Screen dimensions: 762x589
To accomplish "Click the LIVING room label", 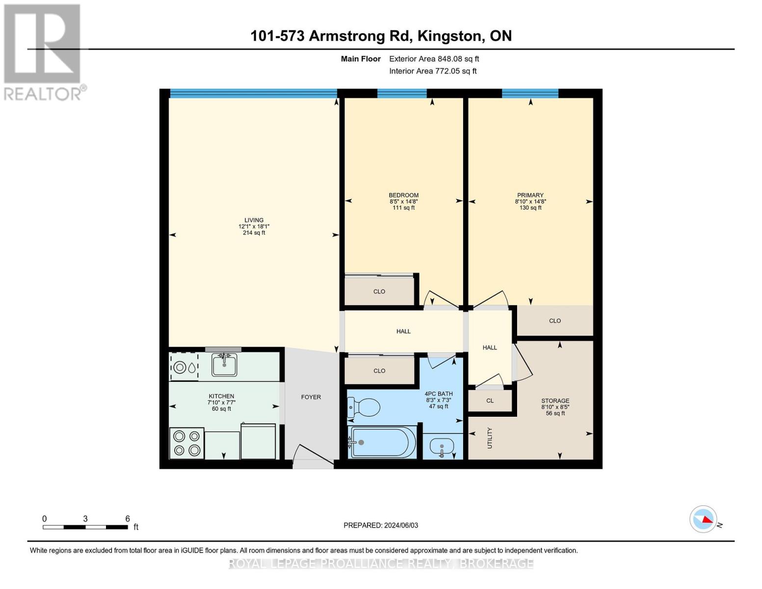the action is [254, 220].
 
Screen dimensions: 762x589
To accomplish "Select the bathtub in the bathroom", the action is [382, 443].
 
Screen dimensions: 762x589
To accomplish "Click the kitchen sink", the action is [224, 365].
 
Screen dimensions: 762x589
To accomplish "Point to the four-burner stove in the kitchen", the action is [187, 443].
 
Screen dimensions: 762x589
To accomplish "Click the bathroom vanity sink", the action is [442, 448].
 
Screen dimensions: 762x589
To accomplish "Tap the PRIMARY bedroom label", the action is [530, 195].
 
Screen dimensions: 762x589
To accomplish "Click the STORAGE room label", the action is [555, 401].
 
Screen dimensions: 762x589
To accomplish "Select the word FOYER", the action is [311, 397].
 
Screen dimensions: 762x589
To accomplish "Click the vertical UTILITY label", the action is [490, 438].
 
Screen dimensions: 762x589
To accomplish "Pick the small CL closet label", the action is [490, 401].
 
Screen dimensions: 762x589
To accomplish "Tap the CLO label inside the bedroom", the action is [379, 292].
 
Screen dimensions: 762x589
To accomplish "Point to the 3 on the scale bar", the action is [85, 519].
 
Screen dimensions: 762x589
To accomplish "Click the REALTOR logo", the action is [44, 53].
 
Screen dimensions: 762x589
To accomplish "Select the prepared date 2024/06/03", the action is [401, 525].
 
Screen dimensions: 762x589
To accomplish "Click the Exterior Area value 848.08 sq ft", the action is [458, 59].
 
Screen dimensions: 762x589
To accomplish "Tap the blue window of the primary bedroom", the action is [530, 93].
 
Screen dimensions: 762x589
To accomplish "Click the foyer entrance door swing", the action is [313, 456].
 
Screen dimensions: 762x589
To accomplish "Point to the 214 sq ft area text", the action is [254, 233].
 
